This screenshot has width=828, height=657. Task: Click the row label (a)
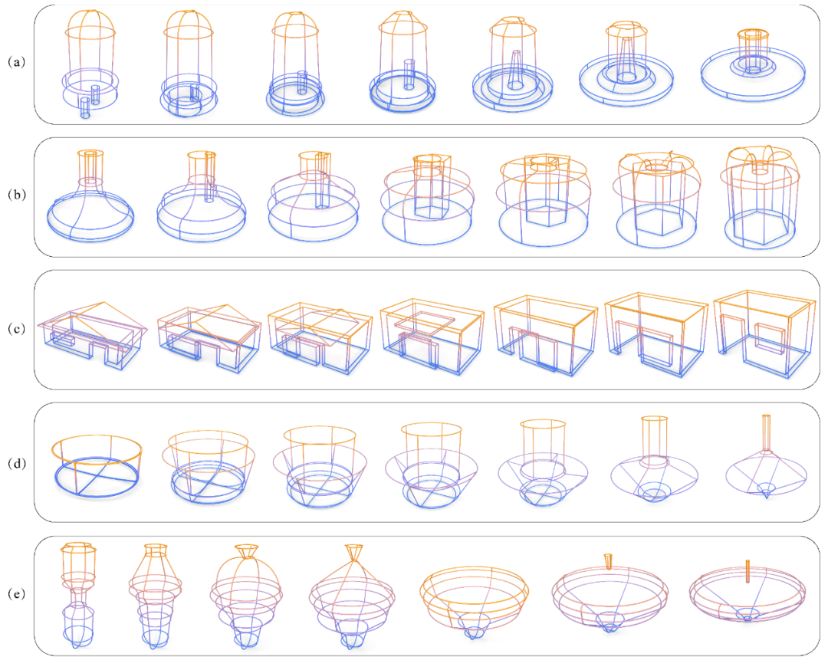16,62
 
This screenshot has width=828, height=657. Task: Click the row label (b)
16,195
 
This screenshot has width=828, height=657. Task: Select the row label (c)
16,328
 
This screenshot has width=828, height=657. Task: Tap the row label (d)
16,463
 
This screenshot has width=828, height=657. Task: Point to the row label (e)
16,594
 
